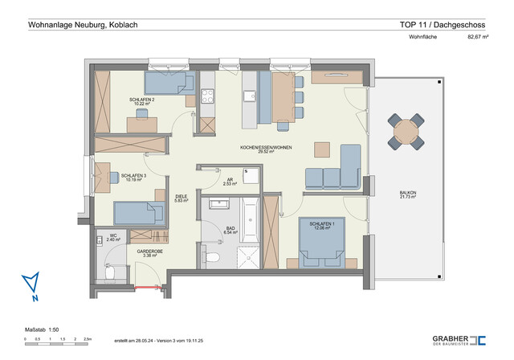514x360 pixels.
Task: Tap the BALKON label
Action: (408, 193)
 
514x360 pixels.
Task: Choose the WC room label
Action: (113, 236)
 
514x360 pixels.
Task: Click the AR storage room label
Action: (230, 180)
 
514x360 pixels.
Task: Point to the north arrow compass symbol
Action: (31, 284)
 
